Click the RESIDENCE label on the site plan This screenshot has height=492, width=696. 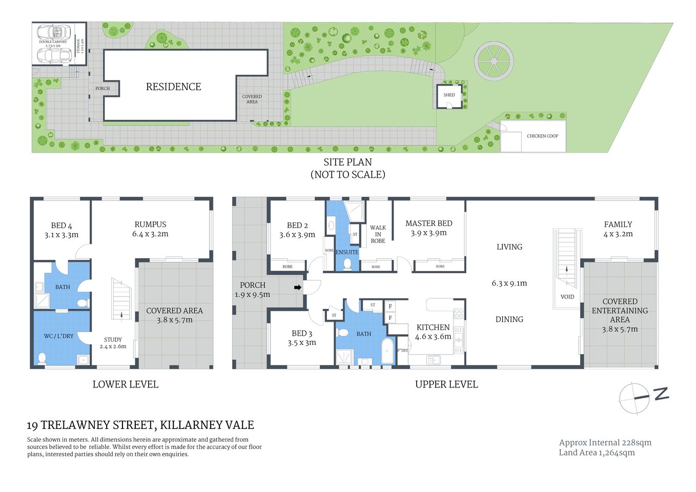(x=173, y=87)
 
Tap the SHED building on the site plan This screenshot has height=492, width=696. (x=449, y=96)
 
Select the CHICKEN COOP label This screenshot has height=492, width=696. (x=542, y=136)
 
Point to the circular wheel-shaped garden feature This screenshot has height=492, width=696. (x=493, y=61)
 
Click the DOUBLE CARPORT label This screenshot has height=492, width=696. (x=53, y=42)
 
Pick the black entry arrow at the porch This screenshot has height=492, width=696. (x=297, y=288)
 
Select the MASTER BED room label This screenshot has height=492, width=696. (x=428, y=223)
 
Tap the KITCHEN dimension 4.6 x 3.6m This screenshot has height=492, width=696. (x=433, y=337)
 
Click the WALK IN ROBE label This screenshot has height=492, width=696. (x=378, y=234)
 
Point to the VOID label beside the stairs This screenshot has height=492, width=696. (x=567, y=297)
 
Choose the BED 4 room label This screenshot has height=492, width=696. (x=62, y=225)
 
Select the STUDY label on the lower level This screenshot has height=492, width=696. (x=113, y=339)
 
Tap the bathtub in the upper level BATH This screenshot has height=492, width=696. (x=388, y=351)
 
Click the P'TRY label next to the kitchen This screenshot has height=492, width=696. (x=403, y=351)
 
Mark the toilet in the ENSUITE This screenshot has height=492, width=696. (x=347, y=263)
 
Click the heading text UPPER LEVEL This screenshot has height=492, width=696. (x=446, y=384)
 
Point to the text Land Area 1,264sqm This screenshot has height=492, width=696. (x=597, y=453)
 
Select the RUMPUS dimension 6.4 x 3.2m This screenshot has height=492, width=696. (x=150, y=234)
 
